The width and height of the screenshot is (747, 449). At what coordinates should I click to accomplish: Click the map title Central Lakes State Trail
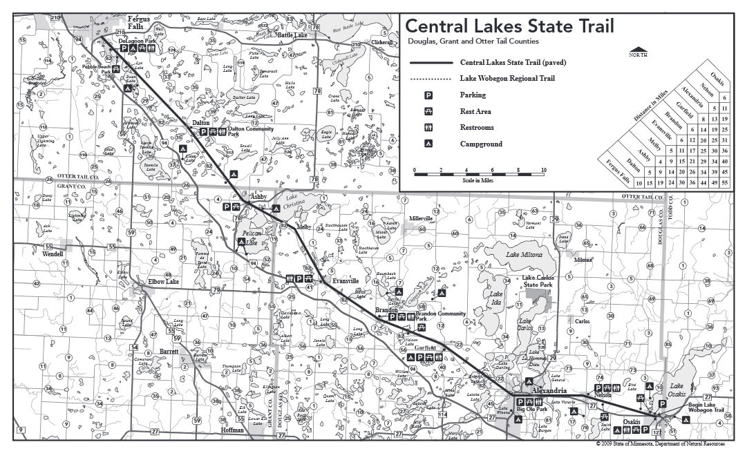(x=509, y=26)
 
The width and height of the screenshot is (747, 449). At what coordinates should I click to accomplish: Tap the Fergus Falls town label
(x=138, y=19)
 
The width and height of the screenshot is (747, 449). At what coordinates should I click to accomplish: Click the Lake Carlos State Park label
(x=538, y=281)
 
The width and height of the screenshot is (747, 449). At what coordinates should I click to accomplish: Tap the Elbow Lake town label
(x=164, y=281)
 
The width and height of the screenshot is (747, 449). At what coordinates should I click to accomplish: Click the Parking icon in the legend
(x=428, y=95)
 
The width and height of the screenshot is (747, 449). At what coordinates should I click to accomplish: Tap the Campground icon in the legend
(x=428, y=144)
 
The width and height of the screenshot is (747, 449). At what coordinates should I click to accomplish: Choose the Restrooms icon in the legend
(x=428, y=128)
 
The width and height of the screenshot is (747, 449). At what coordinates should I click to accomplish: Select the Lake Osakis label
(x=677, y=390)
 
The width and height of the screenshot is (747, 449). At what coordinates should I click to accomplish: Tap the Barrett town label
(x=169, y=351)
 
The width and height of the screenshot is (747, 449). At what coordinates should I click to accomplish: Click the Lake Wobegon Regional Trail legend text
(x=507, y=79)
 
